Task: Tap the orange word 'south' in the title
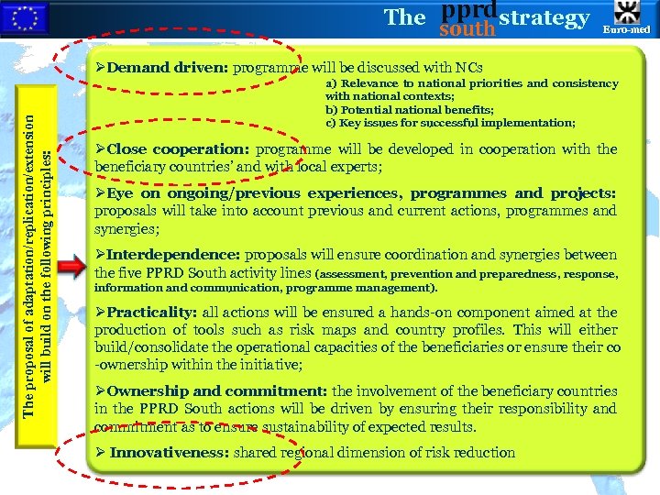pyautogui.click(x=467, y=28)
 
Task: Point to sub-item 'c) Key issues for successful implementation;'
pyautogui.click(x=450, y=123)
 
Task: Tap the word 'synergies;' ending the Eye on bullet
pyautogui.click(x=126, y=228)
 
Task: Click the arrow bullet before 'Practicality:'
pyautogui.click(x=101, y=313)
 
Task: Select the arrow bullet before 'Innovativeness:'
pyautogui.click(x=101, y=452)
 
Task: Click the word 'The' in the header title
pyautogui.click(x=405, y=17)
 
